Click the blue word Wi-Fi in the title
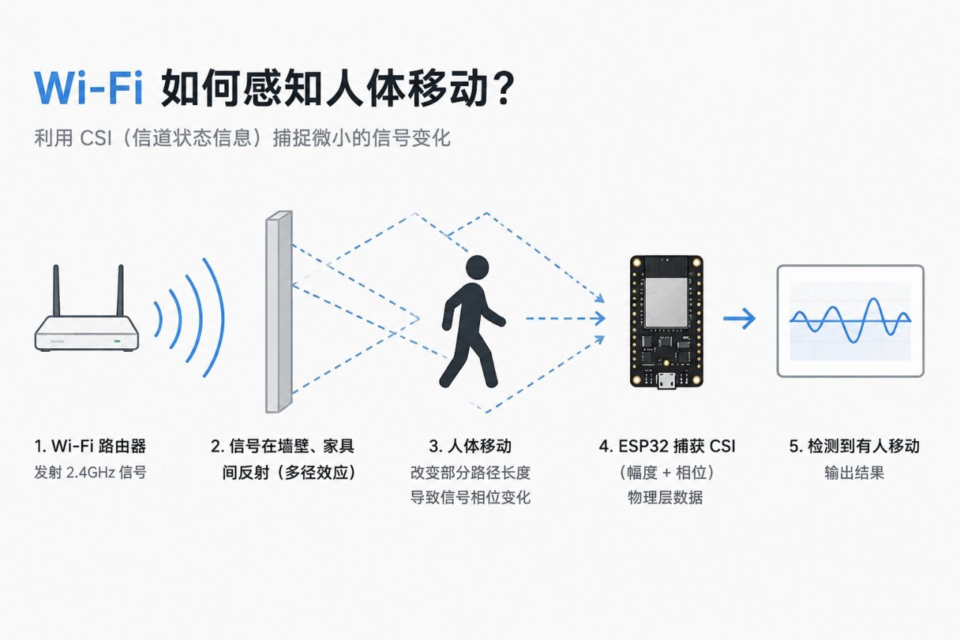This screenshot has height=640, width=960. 88,88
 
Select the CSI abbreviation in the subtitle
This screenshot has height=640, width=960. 96,138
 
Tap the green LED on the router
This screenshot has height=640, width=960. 117,341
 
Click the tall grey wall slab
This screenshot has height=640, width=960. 279,311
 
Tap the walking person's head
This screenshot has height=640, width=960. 477,267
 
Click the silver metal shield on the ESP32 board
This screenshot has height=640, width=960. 666,302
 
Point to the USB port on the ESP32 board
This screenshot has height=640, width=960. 667,380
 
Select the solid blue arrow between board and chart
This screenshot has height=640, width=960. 739,319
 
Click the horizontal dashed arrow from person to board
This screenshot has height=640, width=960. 565,319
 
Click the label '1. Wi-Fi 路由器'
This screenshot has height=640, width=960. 91,446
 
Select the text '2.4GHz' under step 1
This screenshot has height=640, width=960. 91,473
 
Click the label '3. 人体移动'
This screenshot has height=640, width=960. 470,446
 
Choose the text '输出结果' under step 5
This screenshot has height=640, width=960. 854,473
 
